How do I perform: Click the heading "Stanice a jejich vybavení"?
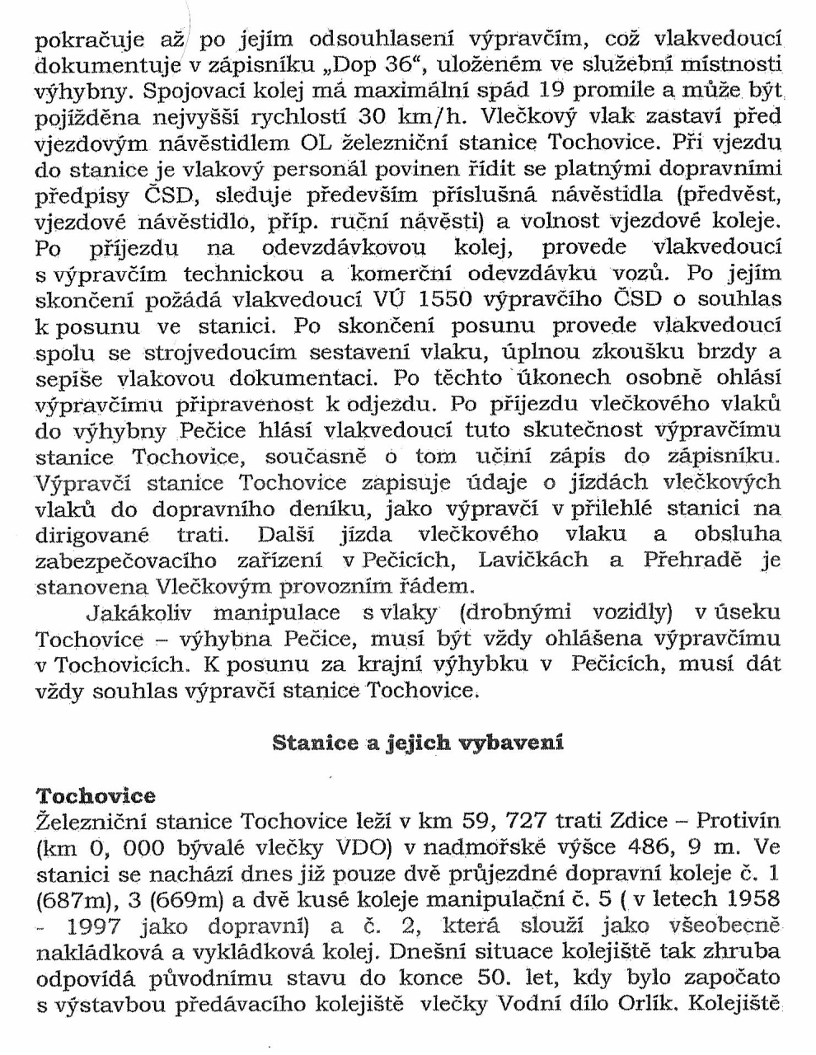pos(417,742)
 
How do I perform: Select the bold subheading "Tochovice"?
pos(96,795)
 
